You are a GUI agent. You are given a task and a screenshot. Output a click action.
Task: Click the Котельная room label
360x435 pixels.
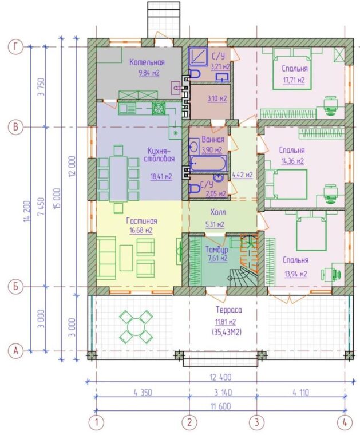pyautogui.click(x=147, y=62)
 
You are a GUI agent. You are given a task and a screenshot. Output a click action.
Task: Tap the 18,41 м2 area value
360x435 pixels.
pyautogui.click(x=161, y=176)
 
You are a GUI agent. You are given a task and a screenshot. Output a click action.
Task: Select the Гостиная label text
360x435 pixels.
pyautogui.click(x=141, y=221)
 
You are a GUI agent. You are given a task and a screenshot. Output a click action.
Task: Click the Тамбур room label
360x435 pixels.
pyautogui.click(x=216, y=250)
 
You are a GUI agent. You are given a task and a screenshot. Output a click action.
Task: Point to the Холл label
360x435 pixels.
pyautogui.click(x=218, y=212)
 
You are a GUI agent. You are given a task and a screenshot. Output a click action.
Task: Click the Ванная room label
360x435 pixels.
pyautogui.click(x=213, y=139)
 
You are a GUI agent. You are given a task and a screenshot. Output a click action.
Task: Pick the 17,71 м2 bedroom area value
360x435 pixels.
pyautogui.click(x=294, y=81)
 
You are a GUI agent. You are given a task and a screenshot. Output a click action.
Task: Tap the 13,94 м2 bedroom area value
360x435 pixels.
pyautogui.click(x=296, y=274)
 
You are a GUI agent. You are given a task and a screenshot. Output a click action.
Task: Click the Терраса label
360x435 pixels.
pyautogui.click(x=229, y=310)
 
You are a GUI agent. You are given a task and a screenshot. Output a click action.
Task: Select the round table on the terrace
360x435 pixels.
pyautogui.click(x=136, y=326)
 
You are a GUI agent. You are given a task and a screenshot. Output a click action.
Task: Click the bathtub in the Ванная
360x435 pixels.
pyautogui.click(x=208, y=164)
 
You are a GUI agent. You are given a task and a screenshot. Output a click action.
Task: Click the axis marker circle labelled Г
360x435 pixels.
pyautogui.click(x=16, y=47)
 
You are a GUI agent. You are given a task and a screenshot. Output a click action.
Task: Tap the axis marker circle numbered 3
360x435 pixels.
pyautogui.click(x=256, y=423)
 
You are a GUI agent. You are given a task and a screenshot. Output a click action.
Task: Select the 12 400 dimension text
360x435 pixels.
pyautogui.click(x=221, y=378)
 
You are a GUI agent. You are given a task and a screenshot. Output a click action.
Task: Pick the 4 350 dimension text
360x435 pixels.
pyautogui.click(x=143, y=393)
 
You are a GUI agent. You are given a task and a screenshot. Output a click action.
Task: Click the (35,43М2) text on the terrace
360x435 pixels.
pyautogui.click(x=227, y=332)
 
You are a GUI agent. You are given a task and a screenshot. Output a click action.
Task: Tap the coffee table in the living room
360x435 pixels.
pyautogui.click(x=126, y=258)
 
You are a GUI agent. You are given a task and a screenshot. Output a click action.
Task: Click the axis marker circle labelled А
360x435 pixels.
pyautogui.click(x=16, y=351)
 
